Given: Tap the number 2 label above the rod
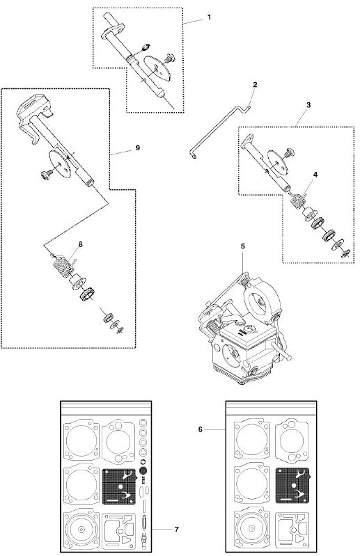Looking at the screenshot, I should click(255, 85).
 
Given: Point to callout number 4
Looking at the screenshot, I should click(315, 175).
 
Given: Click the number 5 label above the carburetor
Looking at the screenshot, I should click(242, 246).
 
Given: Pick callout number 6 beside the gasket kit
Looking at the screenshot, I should click(201, 430).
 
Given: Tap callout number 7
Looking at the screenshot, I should click(176, 530).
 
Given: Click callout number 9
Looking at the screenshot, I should click(137, 148).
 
